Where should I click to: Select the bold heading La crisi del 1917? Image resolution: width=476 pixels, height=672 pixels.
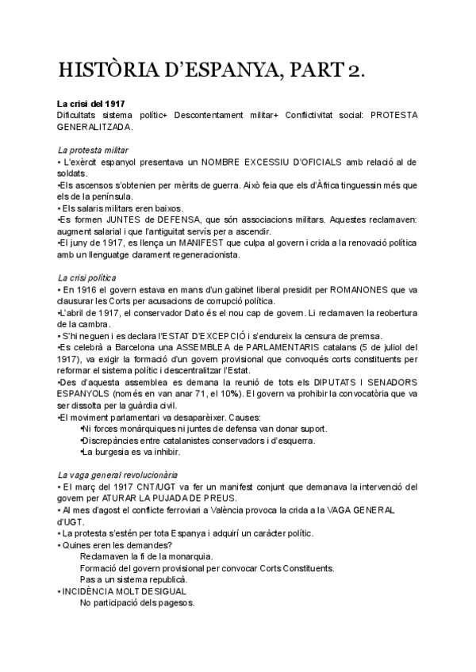[90, 105]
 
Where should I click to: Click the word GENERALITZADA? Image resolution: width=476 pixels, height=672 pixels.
[96, 126]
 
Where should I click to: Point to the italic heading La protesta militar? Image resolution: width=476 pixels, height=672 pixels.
[94, 151]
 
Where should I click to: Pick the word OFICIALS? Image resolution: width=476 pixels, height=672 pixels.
[318, 162]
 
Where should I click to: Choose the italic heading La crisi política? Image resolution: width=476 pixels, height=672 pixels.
[88, 279]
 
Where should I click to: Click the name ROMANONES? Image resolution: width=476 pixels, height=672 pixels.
[363, 291]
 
